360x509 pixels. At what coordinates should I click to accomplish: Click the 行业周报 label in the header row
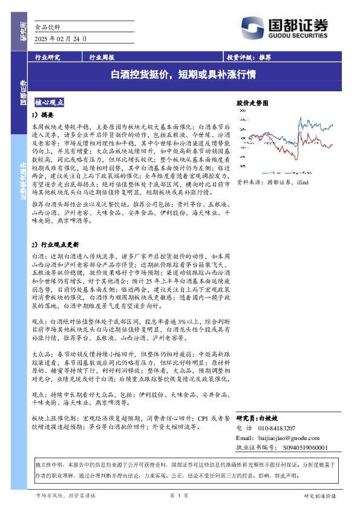pyautogui.click(x=102, y=58)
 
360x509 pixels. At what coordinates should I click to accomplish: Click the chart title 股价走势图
pyautogui.click(x=252, y=104)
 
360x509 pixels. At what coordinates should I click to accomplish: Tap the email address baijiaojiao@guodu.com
pyautogui.click(x=286, y=437)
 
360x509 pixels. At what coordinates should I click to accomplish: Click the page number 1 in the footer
pyautogui.click(x=180, y=495)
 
